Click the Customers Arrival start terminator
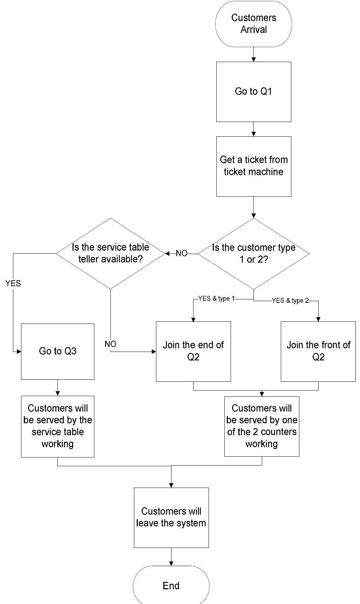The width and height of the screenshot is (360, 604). tap(253, 24)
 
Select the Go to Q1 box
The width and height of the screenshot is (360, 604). tap(253, 92)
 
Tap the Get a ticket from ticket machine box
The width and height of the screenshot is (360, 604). tap(253, 166)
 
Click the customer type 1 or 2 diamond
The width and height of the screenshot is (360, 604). tap(253, 253)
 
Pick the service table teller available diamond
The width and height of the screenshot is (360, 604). tap(110, 253)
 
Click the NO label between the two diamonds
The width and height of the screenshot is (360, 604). tap(182, 253)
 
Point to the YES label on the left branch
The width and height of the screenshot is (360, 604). tap(13, 283)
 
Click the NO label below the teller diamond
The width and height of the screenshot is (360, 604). tap(110, 344)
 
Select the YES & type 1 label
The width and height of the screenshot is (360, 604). tap(216, 299)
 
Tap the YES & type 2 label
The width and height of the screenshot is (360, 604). tap(290, 301)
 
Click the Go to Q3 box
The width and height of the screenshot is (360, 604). tap(57, 351)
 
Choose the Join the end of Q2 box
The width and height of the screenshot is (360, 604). tap(193, 351)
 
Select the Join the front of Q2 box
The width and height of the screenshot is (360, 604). tap(318, 351)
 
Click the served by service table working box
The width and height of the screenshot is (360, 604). tap(57, 426)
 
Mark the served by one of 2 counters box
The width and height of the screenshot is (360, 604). tap(261, 426)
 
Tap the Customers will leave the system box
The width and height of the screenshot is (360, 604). tap(171, 517)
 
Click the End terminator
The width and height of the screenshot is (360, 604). tap(171, 585)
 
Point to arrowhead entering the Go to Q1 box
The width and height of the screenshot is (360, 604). tap(253, 60)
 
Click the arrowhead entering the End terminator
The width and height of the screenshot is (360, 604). tap(171, 563)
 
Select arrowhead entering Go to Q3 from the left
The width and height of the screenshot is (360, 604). tap(19, 351)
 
